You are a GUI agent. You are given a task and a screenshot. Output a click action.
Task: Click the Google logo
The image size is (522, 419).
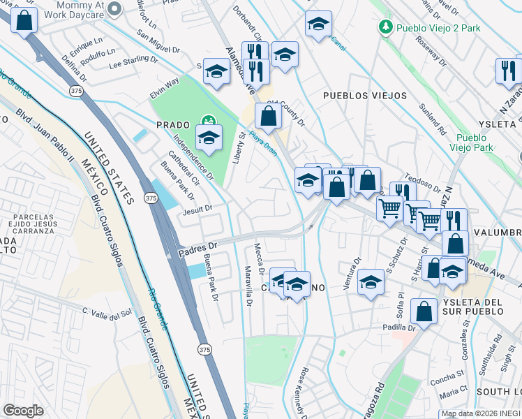[23, 411]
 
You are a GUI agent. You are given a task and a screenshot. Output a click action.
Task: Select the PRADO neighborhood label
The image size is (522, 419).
[173, 124]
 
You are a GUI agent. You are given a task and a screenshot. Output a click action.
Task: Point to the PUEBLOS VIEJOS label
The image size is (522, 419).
[355, 94]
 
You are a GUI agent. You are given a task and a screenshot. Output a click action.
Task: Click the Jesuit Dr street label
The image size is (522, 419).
[197, 208]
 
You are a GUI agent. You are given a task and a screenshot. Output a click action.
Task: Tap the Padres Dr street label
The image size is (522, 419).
[198, 247]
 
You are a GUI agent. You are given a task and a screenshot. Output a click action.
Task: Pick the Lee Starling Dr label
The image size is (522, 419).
[134, 61]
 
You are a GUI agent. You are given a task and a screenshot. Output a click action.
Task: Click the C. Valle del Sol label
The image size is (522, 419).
[107, 312]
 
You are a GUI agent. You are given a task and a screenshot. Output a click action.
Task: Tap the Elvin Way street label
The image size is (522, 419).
[165, 89]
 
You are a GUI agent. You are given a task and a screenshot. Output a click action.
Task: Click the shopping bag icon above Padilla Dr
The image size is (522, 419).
[424, 310]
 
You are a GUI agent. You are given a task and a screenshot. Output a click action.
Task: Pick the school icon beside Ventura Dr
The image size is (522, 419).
[370, 282]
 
